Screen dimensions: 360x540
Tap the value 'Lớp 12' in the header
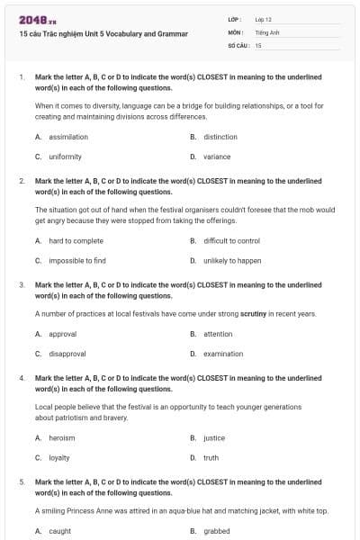click(263, 19)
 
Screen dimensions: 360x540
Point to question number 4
click(21, 379)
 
